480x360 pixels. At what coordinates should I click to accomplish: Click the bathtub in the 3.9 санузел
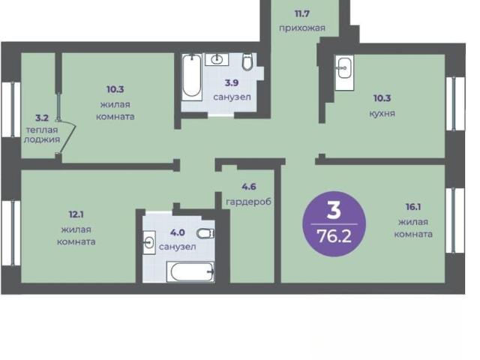[192, 77]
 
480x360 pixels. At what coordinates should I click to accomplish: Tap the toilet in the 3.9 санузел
[247, 62]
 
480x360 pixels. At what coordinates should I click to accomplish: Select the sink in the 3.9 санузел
[217, 59]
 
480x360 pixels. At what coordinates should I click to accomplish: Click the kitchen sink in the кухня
[344, 73]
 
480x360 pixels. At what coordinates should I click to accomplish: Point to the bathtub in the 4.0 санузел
[190, 271]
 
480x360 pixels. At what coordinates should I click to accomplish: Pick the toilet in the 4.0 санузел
[205, 234]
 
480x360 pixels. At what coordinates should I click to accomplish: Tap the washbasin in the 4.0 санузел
[149, 243]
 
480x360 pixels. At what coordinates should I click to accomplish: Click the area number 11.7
[302, 13]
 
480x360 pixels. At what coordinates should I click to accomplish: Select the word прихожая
[302, 28]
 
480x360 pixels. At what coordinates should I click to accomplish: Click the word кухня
[382, 113]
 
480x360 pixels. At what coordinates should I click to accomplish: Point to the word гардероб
[248, 202]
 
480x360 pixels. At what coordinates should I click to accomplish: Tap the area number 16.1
[413, 207]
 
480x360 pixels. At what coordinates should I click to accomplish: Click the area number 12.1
[76, 214]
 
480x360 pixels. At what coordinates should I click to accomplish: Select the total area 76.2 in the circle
[334, 236]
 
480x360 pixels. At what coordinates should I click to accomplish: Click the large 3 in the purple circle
[334, 210]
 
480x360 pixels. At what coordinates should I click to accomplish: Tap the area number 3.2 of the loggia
[42, 118]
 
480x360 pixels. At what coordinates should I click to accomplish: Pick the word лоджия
[42, 139]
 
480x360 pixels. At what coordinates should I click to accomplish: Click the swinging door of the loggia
[67, 136]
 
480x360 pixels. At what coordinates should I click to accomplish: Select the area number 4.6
[248, 187]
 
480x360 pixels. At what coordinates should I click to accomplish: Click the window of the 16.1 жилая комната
[454, 220]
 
